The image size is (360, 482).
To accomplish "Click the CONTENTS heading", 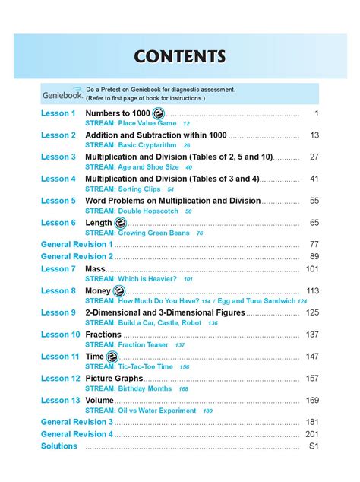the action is point(180,56).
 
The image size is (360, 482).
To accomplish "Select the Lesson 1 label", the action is point(58,113).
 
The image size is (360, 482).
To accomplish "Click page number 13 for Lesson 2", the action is point(314,135).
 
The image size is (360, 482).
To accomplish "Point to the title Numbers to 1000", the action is point(118,113).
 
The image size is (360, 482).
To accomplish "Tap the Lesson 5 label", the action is point(58,201).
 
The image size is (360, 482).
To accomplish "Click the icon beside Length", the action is point(120,223).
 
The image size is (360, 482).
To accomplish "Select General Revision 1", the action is point(76,245).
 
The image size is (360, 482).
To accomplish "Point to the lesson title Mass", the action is point(95,269).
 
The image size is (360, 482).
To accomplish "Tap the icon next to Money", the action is point(119,291).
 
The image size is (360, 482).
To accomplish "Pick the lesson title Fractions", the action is point(103,335).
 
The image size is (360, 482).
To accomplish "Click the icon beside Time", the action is point(112,357).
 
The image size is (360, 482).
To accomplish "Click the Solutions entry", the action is point(58,446).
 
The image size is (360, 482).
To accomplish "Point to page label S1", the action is point(313,446).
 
